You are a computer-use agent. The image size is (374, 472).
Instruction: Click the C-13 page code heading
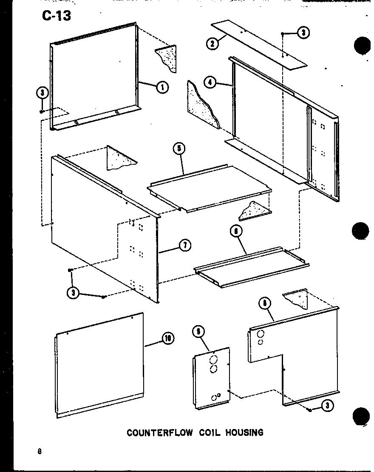[x=57, y=16]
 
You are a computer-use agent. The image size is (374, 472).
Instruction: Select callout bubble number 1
[x=162, y=87]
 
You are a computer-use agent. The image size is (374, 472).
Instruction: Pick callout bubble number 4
[x=210, y=82]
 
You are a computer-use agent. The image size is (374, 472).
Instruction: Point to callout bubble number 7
[x=184, y=245]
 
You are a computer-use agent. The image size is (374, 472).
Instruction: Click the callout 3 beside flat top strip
[x=303, y=33]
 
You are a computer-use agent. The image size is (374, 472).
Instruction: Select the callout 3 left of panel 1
[x=42, y=92]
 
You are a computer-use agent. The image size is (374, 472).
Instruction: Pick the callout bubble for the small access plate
[x=196, y=331]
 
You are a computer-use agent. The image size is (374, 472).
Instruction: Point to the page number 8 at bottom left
[x=39, y=452]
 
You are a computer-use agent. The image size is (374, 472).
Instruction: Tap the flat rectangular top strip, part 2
[x=259, y=44]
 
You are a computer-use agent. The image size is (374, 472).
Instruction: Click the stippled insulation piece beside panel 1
[x=169, y=58]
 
